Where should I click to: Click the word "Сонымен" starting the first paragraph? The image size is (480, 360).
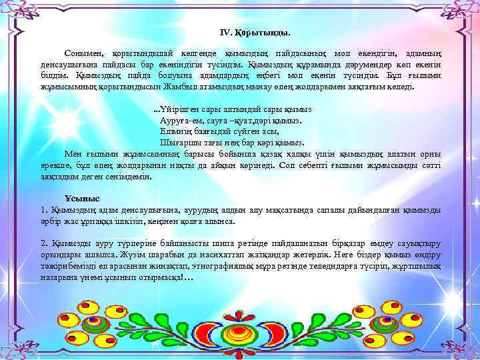coord(82,52)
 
